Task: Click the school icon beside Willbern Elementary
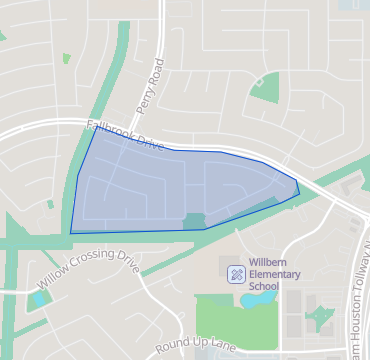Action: (235, 272)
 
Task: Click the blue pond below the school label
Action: (259, 297)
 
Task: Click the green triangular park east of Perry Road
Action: (266, 89)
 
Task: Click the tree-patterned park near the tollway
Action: (321, 319)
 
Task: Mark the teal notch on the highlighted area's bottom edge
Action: (193, 220)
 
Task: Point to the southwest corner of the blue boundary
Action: (71, 233)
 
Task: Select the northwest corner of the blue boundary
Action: (94, 129)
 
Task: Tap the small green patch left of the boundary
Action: (50, 203)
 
